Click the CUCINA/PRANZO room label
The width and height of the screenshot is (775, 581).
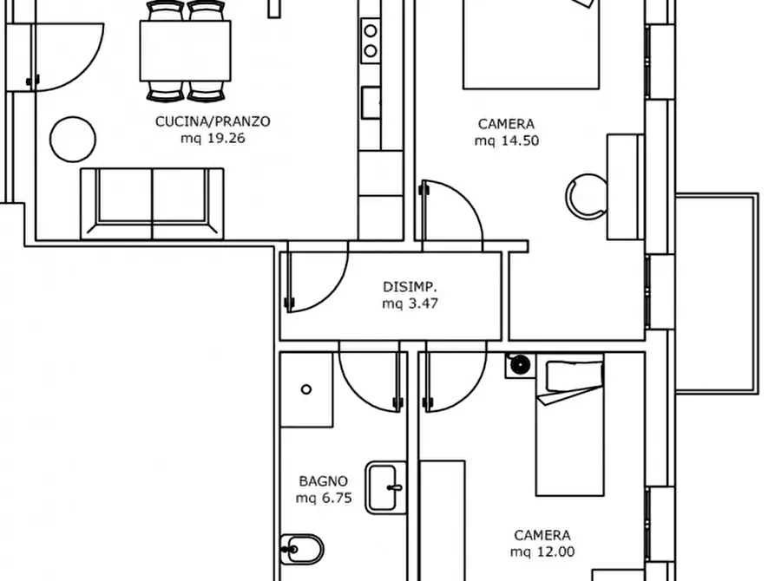pos(213,121)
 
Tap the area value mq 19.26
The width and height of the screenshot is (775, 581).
pos(213,139)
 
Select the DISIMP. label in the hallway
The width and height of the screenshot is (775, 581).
pos(410,287)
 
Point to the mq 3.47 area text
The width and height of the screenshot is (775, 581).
pos(410,304)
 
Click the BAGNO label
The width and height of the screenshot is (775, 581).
pos(323,481)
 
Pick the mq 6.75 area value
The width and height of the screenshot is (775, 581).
pos(324,498)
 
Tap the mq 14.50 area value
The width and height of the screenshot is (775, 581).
pos(507,140)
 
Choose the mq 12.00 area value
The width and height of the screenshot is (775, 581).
pos(542,552)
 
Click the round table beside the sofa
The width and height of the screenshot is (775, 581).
pos(73,140)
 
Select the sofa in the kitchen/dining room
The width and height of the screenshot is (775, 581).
pos(152,204)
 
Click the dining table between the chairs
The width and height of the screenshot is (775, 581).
pos(186,51)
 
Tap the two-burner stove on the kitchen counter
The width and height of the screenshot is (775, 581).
pos(371,41)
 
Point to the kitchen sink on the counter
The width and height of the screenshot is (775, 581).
pos(371,103)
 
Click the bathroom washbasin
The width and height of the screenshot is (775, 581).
pos(385,487)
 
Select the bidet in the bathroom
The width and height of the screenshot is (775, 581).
pos(302,550)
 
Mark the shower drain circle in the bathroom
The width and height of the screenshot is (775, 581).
pos(306,389)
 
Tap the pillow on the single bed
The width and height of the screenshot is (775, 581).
pos(575,376)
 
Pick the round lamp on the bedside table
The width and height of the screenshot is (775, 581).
pos(520,365)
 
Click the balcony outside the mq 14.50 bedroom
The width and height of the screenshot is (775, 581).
pos(717,293)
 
